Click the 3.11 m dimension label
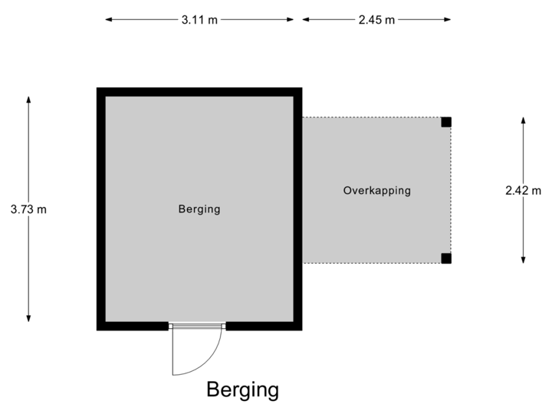[x=199, y=20]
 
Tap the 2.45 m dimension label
[x=376, y=20]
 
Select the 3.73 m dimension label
[x=29, y=209]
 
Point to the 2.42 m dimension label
[x=524, y=190]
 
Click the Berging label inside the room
[x=199, y=209]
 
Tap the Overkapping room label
[x=376, y=190]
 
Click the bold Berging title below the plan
[x=242, y=390]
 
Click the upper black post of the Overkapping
[x=446, y=121]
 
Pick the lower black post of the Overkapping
[x=446, y=258]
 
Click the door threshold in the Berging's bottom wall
[x=198, y=327]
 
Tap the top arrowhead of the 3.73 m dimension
[x=29, y=99]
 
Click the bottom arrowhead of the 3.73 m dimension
[x=29, y=319]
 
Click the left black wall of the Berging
[x=100, y=209]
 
